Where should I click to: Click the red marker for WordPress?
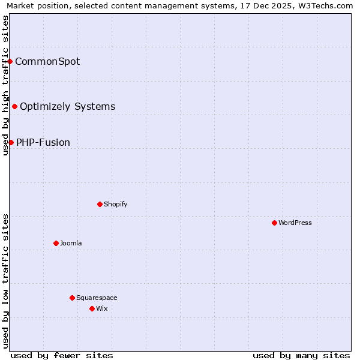click(274, 223)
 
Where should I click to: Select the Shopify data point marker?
click(100, 204)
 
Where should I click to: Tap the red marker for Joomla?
click(56, 243)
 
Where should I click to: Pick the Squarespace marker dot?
click(72, 298)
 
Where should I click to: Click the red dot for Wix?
click(92, 308)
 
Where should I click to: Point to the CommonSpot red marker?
click(10, 61)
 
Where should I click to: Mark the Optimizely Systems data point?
click(14, 106)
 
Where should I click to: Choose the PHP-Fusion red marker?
click(11, 142)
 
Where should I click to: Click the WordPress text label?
click(295, 223)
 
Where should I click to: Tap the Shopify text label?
click(116, 204)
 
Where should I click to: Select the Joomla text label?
click(71, 243)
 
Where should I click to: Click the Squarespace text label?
click(97, 298)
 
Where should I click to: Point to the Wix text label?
click(102, 308)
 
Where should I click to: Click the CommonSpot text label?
click(47, 61)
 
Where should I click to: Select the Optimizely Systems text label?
click(67, 106)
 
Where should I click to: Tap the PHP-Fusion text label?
click(43, 142)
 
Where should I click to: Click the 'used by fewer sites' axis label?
click(62, 355)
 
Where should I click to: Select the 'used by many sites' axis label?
click(301, 355)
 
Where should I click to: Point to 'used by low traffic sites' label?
click(6, 280)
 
